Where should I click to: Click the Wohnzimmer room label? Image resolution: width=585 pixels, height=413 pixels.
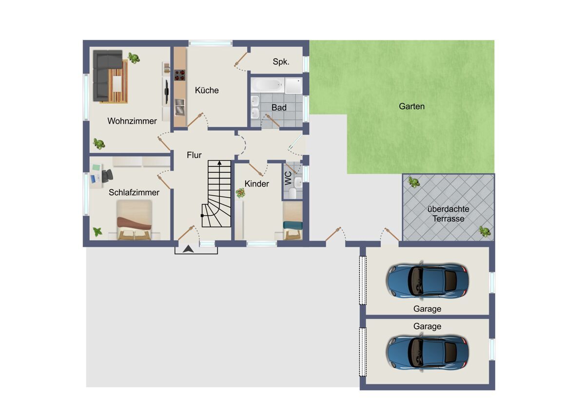pos(132,121)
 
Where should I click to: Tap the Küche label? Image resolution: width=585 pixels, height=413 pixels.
pos(207,90)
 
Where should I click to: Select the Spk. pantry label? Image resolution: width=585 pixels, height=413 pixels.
pos(281,62)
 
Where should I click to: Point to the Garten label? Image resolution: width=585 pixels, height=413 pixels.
pos(411,106)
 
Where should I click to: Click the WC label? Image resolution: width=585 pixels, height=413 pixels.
pos(288,178)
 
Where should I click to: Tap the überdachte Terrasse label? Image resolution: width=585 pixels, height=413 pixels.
pos(448,214)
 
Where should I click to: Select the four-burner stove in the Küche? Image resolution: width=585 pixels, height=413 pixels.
pos(180,75)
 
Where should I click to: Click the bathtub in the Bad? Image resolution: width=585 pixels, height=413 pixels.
pos(268,85)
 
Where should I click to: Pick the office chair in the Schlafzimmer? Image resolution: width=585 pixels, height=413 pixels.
pos(107,175)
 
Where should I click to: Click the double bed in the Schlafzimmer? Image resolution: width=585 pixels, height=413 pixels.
pos(134,220)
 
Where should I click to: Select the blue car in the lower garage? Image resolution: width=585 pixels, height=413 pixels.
pos(427,353)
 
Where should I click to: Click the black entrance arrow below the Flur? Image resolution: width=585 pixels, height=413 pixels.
pos(188,249)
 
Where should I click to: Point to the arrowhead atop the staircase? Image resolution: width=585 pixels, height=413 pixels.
pos(219,163)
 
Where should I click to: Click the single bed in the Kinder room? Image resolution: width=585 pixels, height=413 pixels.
pos(293,221)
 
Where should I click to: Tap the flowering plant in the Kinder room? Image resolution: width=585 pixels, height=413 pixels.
pos(240,193)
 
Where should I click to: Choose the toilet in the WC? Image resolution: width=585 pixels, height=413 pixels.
pos(293,193)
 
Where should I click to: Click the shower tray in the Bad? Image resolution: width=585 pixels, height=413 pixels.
pos(293,85)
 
